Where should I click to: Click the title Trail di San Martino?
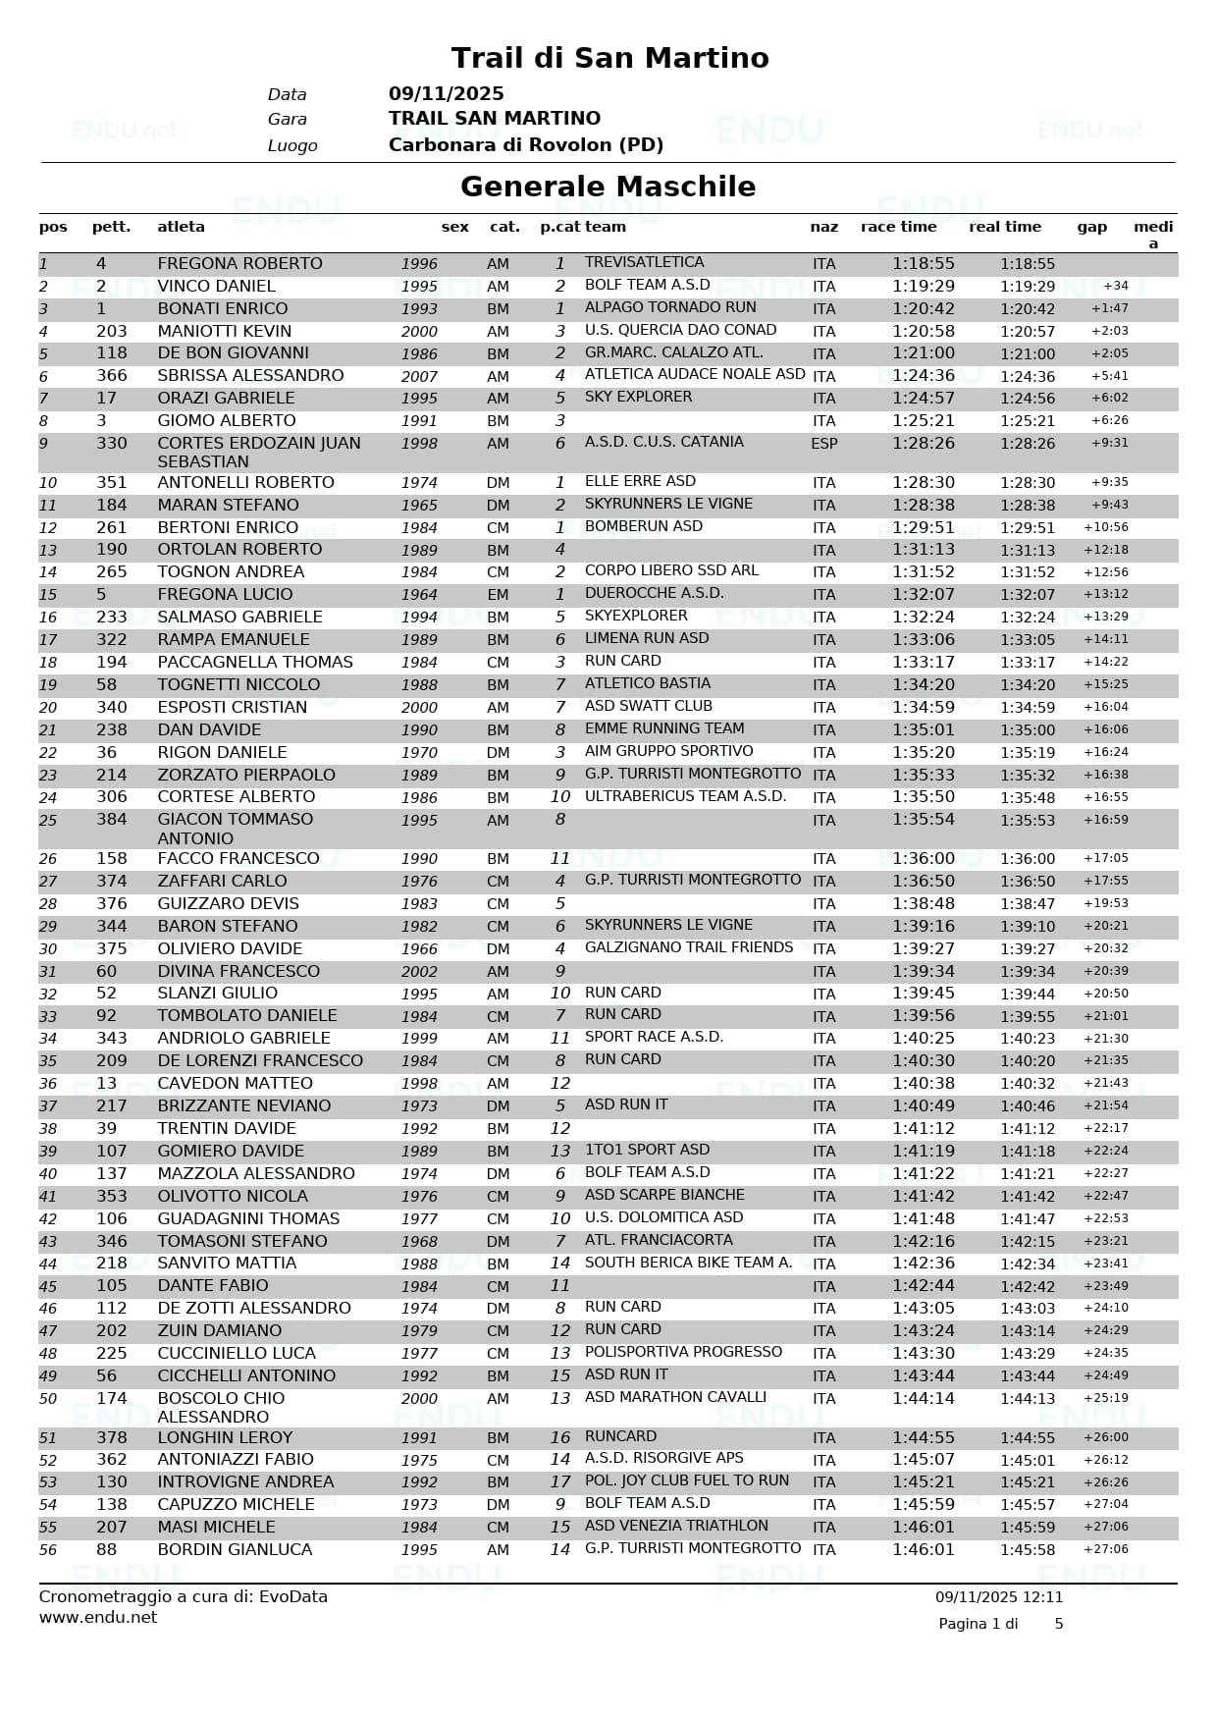point(609,58)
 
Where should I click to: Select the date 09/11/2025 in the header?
point(446,94)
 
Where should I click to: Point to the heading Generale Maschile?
point(608,187)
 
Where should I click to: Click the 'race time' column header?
point(898,227)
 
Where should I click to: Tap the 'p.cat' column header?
point(559,227)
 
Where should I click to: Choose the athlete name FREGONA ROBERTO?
point(239,263)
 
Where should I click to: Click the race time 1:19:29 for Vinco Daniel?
point(923,286)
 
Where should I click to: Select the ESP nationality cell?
point(823,444)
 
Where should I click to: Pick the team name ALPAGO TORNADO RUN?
point(670,307)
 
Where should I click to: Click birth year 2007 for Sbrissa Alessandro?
point(419,376)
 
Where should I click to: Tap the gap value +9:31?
point(1109,443)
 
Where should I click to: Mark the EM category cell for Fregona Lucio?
point(498,595)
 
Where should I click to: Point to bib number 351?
point(112,482)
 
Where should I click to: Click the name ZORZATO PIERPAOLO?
point(246,775)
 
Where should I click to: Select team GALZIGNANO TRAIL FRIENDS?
point(688,947)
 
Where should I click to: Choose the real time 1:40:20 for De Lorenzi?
point(1028,1061)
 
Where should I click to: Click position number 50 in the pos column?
point(48,1399)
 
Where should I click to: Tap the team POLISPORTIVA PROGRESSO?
point(683,1352)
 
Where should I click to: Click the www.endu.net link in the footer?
point(98,1617)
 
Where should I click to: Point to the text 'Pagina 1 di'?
point(978,1624)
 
